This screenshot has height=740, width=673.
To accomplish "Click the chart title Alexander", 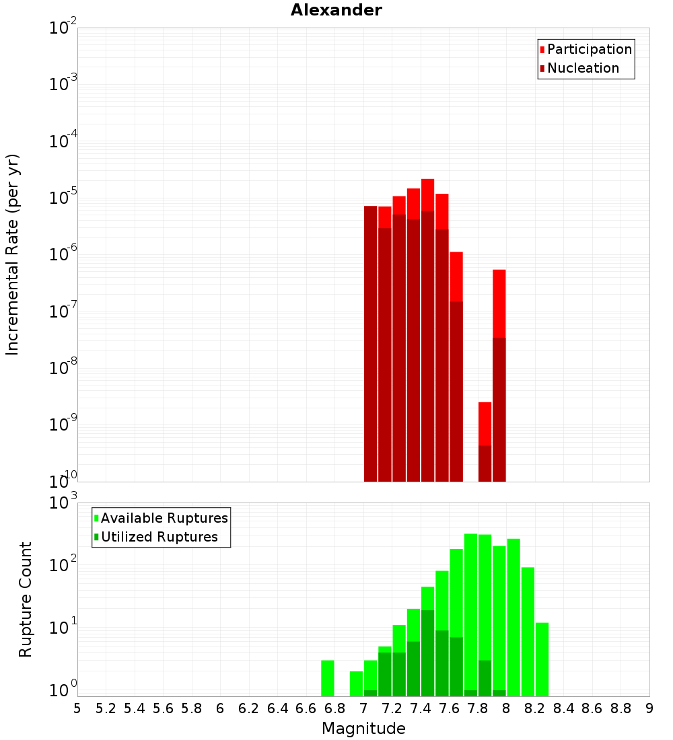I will coord(336,10).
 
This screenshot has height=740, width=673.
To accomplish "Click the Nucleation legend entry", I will coord(583,68).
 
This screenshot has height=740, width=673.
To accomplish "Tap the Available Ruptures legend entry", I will coord(164,518).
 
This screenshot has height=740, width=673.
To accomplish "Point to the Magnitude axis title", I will coord(363,729).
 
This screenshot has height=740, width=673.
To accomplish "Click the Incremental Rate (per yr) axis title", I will coord(12,254).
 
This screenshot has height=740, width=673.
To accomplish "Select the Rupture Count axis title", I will coord(26,599).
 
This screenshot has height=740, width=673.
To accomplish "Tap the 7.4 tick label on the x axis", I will coord(421,708).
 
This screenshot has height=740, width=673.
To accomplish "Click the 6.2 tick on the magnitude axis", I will coord(249,708).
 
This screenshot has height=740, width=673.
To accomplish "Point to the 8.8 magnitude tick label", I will coord(621,708).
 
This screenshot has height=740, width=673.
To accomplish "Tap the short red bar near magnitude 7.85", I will coord(485,424).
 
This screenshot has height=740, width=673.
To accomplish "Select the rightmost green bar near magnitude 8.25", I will coord(542,659).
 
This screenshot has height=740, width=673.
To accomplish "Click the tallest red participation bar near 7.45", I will coord(427,195).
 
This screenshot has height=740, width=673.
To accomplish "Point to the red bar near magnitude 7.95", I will coord(499,303).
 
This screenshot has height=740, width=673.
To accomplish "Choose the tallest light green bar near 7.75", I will coord(470,605).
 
